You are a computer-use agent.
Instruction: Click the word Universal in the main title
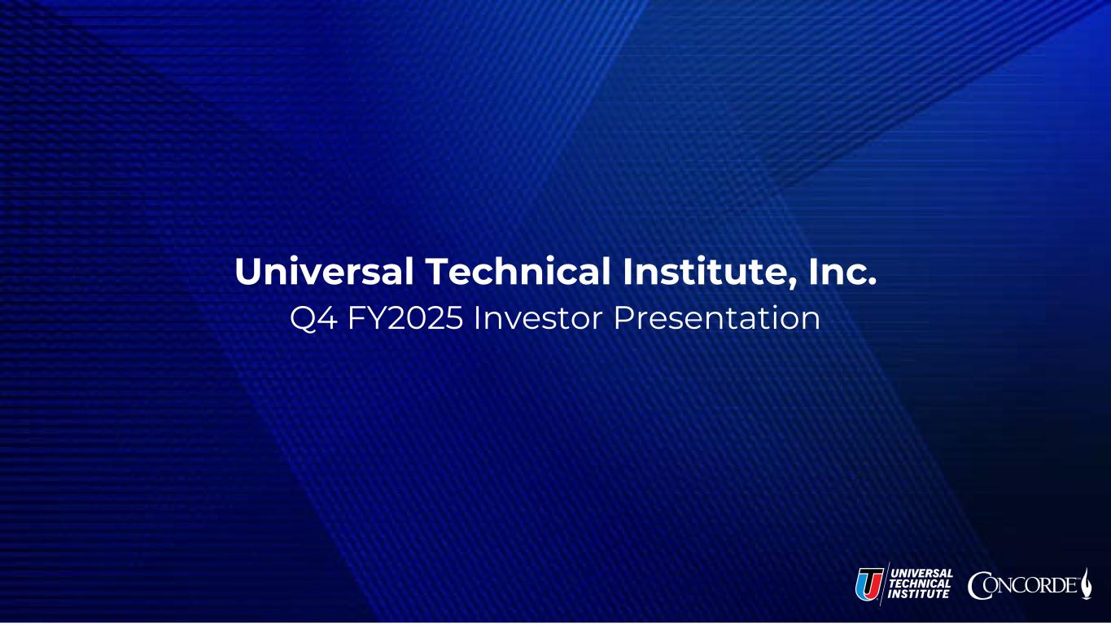(324, 271)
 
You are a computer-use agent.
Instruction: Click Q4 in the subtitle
(313, 318)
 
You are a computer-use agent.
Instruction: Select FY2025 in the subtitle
(405, 318)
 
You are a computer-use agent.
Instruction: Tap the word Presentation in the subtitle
(717, 318)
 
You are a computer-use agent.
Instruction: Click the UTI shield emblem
(869, 583)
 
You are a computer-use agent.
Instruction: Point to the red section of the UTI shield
(875, 582)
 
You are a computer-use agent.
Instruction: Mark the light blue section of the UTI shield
(861, 584)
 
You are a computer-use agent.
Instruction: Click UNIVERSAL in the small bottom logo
(922, 573)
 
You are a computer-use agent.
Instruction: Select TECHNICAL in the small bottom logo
(920, 583)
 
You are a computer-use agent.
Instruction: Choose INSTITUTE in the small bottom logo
(919, 594)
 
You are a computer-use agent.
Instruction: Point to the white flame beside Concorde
(1086, 583)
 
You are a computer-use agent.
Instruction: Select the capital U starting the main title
(247, 272)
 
